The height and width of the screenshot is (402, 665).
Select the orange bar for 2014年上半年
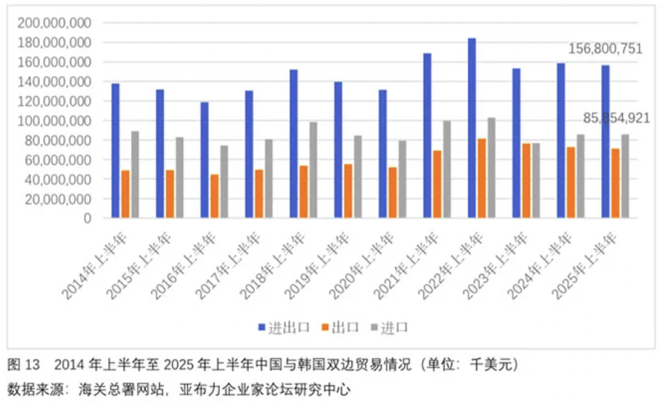125,193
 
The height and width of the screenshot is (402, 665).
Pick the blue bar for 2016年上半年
205,160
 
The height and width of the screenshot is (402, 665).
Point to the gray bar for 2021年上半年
447,169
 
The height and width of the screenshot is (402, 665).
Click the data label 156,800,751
605,49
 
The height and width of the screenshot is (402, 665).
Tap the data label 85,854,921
616,118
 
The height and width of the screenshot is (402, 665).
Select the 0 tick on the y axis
87,218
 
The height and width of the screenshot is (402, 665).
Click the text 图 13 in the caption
24,365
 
